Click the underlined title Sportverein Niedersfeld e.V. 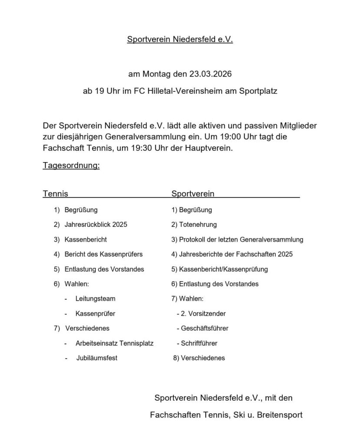coord(180,40)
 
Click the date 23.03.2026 coord(210,74)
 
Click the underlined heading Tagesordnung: coord(71,166)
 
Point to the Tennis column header coord(55,193)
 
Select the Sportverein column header coord(193,193)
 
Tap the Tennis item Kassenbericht coord(86,239)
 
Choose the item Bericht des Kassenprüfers coord(103,254)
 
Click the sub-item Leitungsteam coord(95,299)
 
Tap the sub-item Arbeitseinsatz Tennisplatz coord(114,343)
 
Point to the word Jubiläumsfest coord(97,358)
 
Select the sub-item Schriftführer coord(198,343)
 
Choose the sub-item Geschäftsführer coord(204,328)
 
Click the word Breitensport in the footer coord(280,415)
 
